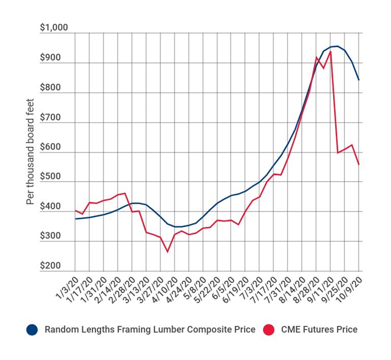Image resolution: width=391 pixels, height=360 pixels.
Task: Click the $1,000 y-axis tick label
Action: coord(54,27)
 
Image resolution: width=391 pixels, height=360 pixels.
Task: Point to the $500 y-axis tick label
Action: coord(50,177)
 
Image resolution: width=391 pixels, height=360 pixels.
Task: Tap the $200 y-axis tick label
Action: coord(50,266)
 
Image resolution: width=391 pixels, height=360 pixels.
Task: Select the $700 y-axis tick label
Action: coord(50,117)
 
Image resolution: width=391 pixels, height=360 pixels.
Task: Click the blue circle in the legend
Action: coord(32,330)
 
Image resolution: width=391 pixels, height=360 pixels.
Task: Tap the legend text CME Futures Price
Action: coord(319,330)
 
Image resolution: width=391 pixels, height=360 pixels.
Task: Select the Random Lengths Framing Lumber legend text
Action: coord(150,330)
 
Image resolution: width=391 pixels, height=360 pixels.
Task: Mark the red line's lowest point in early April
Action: coord(167,252)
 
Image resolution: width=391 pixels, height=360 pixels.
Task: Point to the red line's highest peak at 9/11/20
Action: coord(330,52)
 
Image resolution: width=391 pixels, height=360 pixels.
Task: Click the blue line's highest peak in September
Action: coord(337,46)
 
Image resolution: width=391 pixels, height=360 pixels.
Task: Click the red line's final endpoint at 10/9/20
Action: coord(359,165)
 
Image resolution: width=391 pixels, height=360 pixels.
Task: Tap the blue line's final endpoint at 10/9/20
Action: coord(359,80)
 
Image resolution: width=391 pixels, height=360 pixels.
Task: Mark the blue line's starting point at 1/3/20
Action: coord(75,219)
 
